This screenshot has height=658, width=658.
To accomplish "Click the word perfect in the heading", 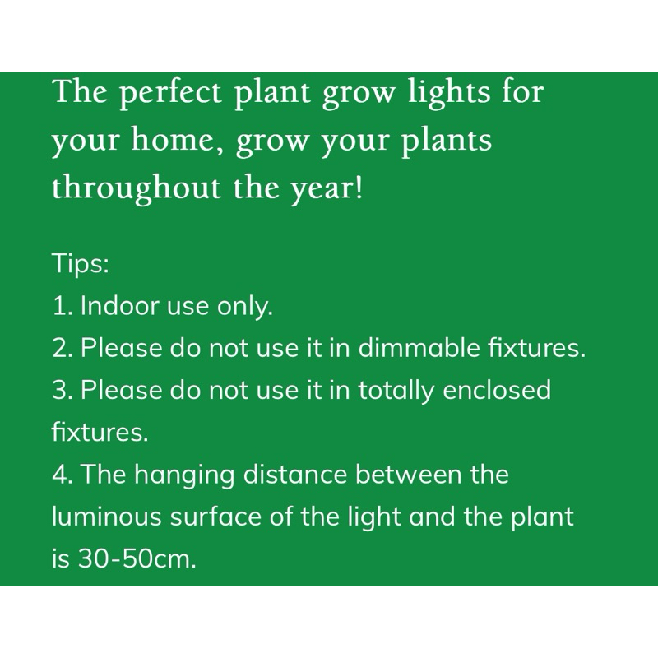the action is coord(170,94).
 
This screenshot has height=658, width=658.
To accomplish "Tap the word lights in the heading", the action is coord(449,94).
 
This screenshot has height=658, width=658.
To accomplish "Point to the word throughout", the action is coord(136,188).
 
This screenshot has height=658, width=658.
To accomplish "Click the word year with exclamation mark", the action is coord(327,190).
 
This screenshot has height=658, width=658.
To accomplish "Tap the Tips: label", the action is coord(80,263).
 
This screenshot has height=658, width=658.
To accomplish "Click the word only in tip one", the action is coord(244,306).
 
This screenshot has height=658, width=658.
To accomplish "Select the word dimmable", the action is coord(419,347).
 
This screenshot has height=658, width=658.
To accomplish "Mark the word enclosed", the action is coord(497,389).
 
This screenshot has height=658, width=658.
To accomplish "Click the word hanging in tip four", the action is coord(184,475).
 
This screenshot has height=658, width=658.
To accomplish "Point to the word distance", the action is coord(295,474).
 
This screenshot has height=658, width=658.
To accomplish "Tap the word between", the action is coord(408,474).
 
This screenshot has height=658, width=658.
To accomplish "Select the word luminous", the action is coord(107,516).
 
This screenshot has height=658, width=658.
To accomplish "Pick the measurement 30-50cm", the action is coord(137,558).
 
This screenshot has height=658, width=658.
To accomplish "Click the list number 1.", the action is coord(63,305).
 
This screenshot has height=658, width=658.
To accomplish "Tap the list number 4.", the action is coord(63,474).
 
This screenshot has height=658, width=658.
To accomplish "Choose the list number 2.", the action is coord(63,347).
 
